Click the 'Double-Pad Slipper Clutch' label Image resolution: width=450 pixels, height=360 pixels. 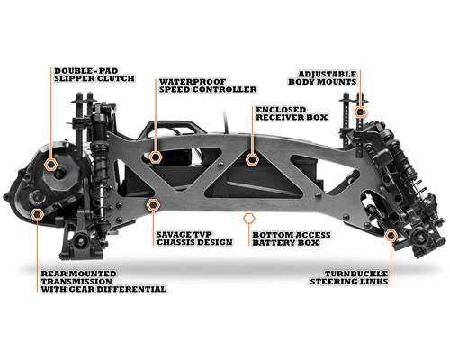[x=94, y=75]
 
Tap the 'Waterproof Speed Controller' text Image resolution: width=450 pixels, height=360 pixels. [x=208, y=85]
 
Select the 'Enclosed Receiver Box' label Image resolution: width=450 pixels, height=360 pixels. [x=292, y=113]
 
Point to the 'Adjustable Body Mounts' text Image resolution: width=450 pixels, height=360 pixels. [x=322, y=77]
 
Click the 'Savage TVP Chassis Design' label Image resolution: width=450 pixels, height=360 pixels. [x=194, y=238]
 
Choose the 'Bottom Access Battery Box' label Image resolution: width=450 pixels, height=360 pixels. [x=292, y=238]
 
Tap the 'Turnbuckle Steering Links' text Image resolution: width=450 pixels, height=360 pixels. [x=349, y=277]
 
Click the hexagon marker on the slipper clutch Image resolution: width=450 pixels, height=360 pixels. [x=50, y=164]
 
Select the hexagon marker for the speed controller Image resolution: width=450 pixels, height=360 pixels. [x=156, y=157]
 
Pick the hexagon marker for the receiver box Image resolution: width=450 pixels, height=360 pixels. [x=252, y=160]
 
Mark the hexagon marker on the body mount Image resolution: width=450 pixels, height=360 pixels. [x=360, y=112]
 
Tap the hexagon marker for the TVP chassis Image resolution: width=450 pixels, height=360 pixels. [x=153, y=205]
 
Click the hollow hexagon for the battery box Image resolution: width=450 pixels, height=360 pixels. [x=249, y=219]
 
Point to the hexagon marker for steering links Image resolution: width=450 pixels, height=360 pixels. [x=391, y=236]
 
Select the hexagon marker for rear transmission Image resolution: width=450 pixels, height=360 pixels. [x=37, y=215]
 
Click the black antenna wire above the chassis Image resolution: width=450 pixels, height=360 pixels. [x=226, y=121]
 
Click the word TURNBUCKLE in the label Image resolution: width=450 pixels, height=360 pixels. [x=356, y=274]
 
